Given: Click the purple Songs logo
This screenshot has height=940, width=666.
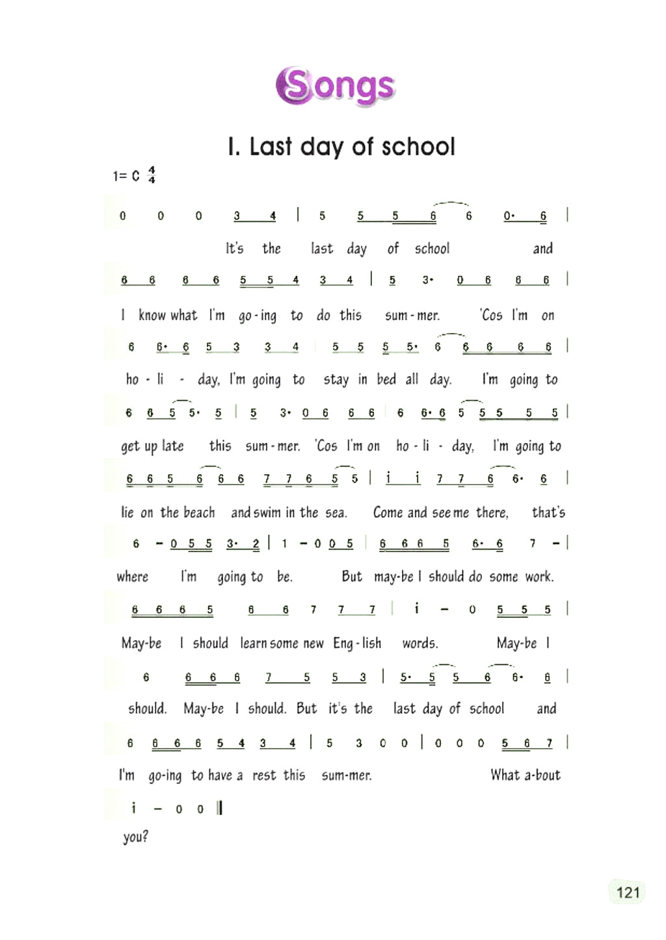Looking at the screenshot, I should pyautogui.click(x=336, y=86).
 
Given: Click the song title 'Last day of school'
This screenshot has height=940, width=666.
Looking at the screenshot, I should pyautogui.click(x=341, y=147).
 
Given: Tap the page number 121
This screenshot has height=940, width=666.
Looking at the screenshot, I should pyautogui.click(x=628, y=892).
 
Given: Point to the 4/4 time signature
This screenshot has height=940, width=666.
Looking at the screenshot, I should pyautogui.click(x=152, y=175).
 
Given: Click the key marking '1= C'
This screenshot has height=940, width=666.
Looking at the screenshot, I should pyautogui.click(x=126, y=176).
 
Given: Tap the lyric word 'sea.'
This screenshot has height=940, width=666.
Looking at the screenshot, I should pyautogui.click(x=336, y=513).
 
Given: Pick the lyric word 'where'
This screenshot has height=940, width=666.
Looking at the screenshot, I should pyautogui.click(x=133, y=577).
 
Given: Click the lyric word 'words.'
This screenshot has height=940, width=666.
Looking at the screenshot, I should pyautogui.click(x=420, y=643).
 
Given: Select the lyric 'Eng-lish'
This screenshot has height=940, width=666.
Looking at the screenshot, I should pyautogui.click(x=357, y=643).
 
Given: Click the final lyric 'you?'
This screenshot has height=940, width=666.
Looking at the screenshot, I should pyautogui.click(x=135, y=837).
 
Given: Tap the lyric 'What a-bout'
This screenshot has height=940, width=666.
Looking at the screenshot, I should pyautogui.click(x=525, y=775).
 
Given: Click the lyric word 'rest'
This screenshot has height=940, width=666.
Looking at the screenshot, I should pyautogui.click(x=264, y=775).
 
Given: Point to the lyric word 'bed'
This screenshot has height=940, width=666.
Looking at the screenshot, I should pyautogui.click(x=386, y=379).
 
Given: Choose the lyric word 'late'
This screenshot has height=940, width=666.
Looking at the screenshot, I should pyautogui.click(x=173, y=446).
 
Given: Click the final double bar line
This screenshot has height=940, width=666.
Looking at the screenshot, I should pyautogui.click(x=220, y=808).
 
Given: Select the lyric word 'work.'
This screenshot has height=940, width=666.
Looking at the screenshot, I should pyautogui.click(x=539, y=577).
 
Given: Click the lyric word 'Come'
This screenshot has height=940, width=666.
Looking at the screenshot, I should pyautogui.click(x=388, y=513).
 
